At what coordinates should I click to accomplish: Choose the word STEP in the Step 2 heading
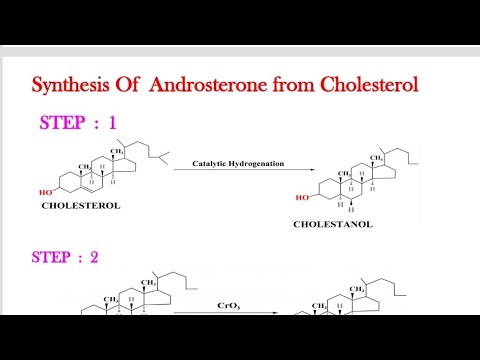coord(52,257)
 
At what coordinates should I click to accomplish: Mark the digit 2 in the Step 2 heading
coord(95,257)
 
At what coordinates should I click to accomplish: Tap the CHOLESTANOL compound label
coord(332,225)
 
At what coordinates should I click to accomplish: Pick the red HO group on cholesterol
coord(46,191)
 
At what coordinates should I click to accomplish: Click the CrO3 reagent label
coord(228,305)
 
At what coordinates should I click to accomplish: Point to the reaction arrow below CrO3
coord(228,313)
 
